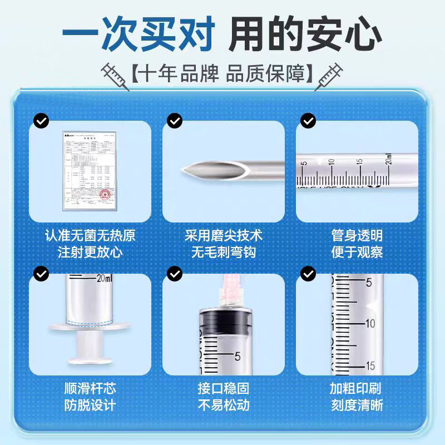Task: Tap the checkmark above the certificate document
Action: coord(41,120)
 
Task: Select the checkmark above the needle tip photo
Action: coord(175,120)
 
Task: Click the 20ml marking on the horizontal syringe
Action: coord(388,163)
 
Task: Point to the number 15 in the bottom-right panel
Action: coord(370,365)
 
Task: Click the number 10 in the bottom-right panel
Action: coord(370,323)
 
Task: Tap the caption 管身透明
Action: coord(357,235)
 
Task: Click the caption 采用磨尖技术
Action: coord(223,235)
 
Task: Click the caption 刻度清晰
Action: coord(357,405)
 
